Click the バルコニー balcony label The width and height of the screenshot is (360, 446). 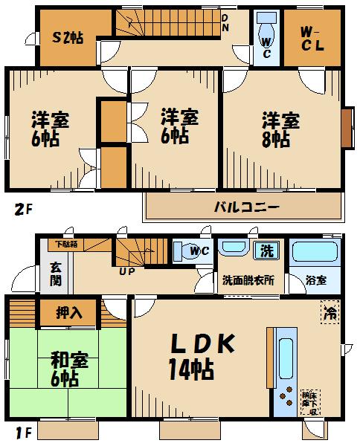pyautogui.click(x=248, y=206)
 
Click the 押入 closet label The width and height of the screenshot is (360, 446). pyautogui.click(x=70, y=313)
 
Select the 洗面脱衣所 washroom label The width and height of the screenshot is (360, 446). pyautogui.click(x=248, y=280)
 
